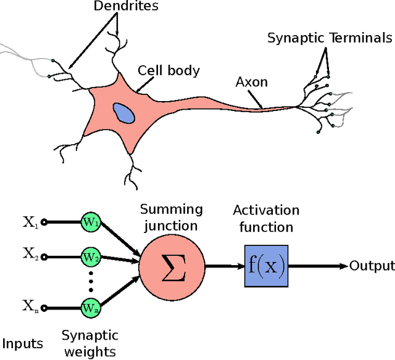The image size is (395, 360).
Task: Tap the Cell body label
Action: pyautogui.click(x=168, y=70)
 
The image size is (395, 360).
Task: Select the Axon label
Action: pyautogui.click(x=251, y=81)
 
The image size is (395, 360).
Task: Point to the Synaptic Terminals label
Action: pyautogui.click(x=329, y=38)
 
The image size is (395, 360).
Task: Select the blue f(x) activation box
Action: pyautogui.click(x=265, y=266)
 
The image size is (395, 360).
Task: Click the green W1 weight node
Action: pyautogui.click(x=91, y=223)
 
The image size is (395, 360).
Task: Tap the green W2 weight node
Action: pyautogui.click(x=91, y=256)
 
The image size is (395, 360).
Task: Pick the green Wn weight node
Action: pyautogui.click(x=91, y=306)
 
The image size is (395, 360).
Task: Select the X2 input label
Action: pyautogui.click(x=31, y=253)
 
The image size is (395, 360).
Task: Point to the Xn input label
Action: pyautogui.click(x=31, y=305)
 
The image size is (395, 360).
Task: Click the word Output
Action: pyautogui.click(x=372, y=266)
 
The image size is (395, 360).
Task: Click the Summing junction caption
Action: pyautogui.click(x=171, y=217)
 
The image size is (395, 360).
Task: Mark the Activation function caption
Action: pyautogui.click(x=265, y=218)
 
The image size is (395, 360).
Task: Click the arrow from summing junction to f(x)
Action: pyautogui.click(x=223, y=266)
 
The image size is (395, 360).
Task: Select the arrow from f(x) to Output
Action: pyautogui.click(x=316, y=266)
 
